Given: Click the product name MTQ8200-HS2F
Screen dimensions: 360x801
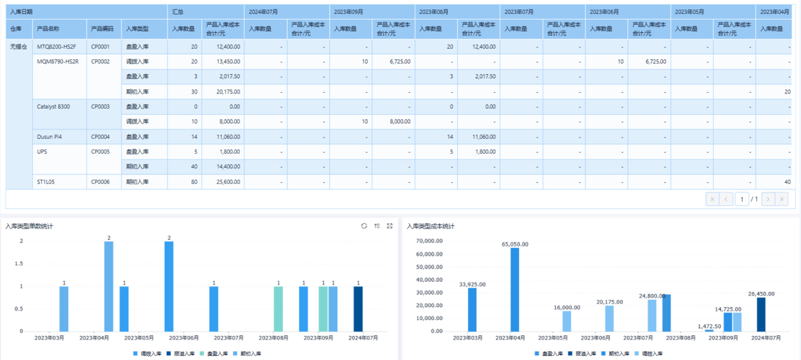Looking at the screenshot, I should [x=56, y=47].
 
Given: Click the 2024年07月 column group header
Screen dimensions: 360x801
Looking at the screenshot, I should [x=263, y=12].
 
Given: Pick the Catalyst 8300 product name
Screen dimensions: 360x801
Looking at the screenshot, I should [x=53, y=107].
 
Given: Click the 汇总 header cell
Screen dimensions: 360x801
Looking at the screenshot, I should [x=178, y=12].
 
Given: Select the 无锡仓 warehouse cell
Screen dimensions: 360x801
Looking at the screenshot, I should [x=19, y=47].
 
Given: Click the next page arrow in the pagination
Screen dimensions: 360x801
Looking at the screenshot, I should [x=768, y=199].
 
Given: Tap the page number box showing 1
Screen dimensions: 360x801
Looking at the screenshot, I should [x=742, y=199].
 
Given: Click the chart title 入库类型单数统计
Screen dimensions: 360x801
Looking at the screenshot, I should [x=29, y=226].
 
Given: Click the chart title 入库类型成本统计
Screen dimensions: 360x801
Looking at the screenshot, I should [x=431, y=226].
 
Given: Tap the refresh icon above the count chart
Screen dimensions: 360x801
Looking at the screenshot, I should [x=364, y=226].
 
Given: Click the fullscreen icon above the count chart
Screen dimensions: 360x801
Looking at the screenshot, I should [x=390, y=226].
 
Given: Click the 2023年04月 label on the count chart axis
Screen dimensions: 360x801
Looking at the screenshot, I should [x=94, y=338].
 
